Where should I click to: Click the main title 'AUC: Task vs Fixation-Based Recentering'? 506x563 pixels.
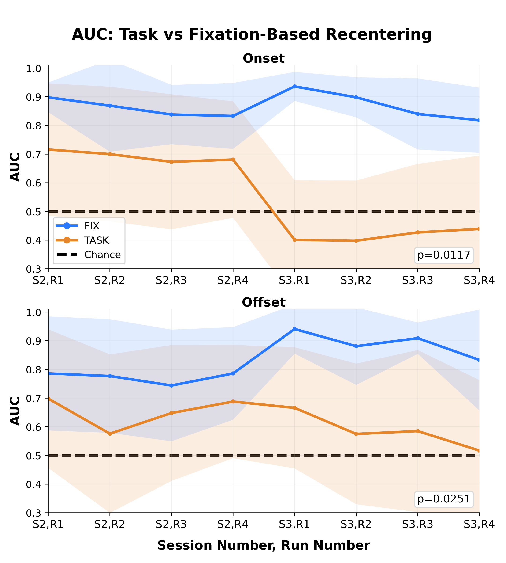click(x=252, y=34)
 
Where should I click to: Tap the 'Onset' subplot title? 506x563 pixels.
click(x=264, y=59)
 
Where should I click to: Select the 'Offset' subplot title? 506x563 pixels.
click(x=264, y=302)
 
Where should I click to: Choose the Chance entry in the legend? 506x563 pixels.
click(x=102, y=255)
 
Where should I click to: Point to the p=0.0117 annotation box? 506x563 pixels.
click(x=444, y=255)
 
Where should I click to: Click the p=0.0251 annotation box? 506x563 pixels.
click(x=444, y=499)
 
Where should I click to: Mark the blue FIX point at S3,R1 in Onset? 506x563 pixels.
click(x=294, y=87)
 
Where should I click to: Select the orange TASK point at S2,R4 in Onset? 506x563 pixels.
click(x=233, y=160)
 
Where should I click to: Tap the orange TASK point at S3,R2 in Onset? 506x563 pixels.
click(x=356, y=241)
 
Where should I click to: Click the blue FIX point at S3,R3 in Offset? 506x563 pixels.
click(x=418, y=338)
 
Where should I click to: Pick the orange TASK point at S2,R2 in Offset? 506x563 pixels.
click(x=110, y=434)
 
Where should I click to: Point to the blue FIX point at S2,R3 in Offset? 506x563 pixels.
click(x=171, y=386)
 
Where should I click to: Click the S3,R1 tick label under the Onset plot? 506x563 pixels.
click(x=294, y=281)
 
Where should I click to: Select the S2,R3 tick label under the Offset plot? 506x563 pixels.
click(x=171, y=525)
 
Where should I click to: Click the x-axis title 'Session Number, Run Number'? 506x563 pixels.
click(x=264, y=545)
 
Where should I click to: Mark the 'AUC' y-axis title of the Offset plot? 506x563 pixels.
click(x=15, y=411)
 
